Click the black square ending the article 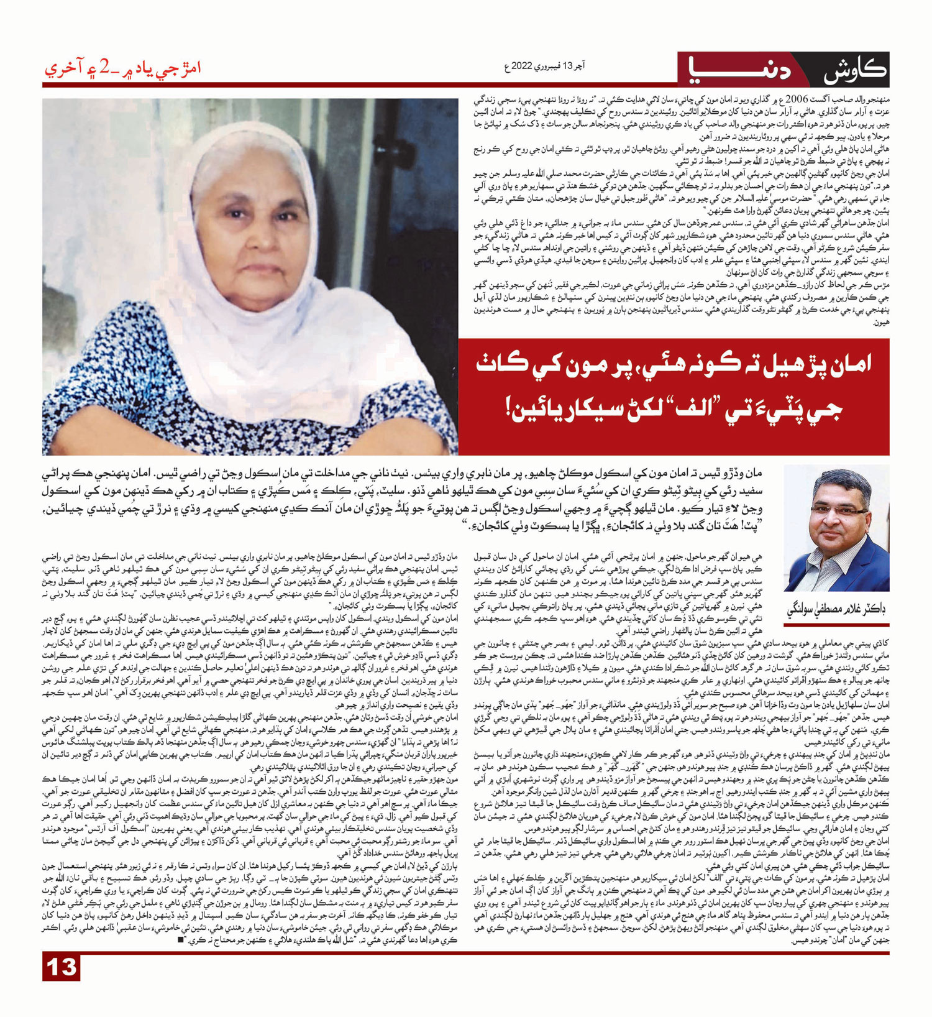(181, 939)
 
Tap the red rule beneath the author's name (836, 625)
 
